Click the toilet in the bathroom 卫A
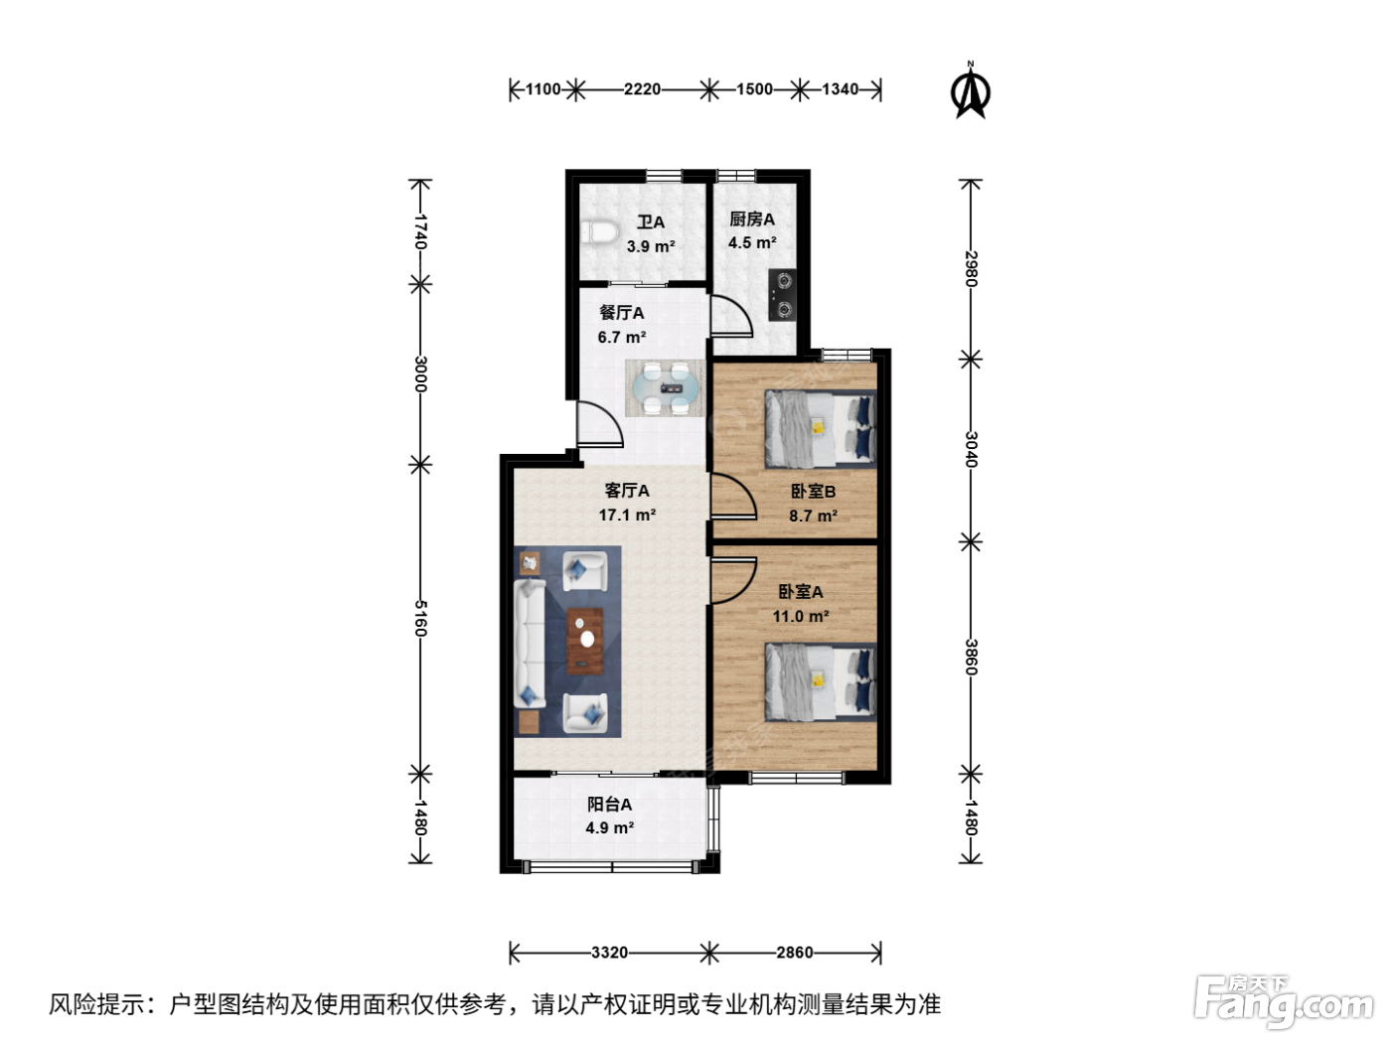click(x=599, y=232)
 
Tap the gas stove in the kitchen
click(x=782, y=295)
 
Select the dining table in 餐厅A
click(x=665, y=388)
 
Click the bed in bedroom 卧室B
click(x=821, y=429)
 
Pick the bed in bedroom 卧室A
click(x=821, y=682)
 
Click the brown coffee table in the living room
click(x=584, y=641)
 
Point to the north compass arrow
click(x=970, y=90)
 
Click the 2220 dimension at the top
click(x=642, y=90)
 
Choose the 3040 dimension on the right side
click(x=971, y=449)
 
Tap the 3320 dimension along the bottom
click(x=610, y=953)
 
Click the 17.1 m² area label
click(x=627, y=515)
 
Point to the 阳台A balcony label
click(x=610, y=805)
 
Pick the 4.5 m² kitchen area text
click(x=752, y=242)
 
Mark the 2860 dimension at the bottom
click(x=795, y=953)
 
